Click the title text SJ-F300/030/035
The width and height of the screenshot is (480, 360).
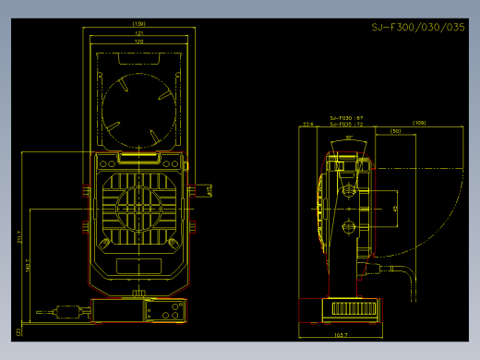(417, 28)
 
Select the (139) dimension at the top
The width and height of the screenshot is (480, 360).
(139, 23)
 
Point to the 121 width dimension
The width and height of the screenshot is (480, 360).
(139, 33)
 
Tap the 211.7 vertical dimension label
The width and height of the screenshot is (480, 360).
(19, 240)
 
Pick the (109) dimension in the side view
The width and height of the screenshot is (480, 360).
(419, 123)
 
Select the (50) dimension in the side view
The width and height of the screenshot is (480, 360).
(395, 131)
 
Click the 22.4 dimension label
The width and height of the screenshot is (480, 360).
(307, 123)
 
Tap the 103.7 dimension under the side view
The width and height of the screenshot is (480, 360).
(340, 334)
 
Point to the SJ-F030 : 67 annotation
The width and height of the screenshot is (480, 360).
(347, 117)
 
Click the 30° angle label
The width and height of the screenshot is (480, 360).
(349, 138)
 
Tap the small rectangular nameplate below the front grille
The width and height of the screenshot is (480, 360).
(139, 266)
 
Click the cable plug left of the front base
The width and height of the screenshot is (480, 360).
(65, 310)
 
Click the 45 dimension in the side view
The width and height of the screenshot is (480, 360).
(395, 210)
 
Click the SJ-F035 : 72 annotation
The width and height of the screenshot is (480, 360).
(347, 124)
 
